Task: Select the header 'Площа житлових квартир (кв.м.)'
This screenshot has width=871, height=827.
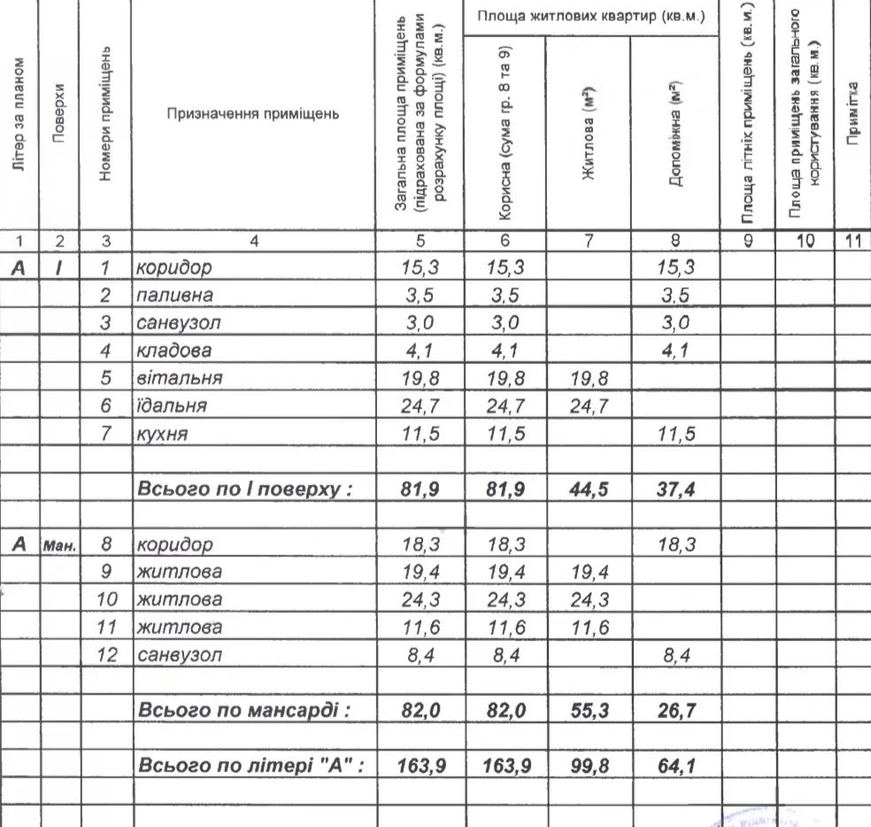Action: (590, 18)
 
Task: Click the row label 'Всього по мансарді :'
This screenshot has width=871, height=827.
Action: (240, 710)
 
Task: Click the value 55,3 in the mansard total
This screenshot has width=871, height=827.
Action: (589, 710)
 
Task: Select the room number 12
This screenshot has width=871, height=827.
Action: (107, 655)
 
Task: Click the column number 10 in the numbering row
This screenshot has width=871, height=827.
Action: (804, 238)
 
